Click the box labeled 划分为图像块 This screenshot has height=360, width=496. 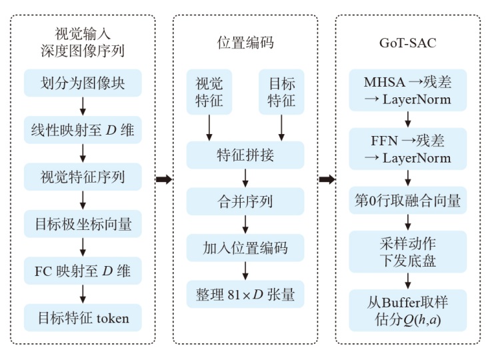coord(82,83)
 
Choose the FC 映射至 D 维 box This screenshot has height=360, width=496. coord(82,271)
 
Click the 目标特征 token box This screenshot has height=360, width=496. coord(82,317)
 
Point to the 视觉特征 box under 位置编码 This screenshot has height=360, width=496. coord(209,92)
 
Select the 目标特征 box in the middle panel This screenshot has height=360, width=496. coord(281,92)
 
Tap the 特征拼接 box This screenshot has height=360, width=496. coord(245,155)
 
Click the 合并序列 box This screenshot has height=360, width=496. coord(245,201)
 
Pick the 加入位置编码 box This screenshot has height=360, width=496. coord(245,247)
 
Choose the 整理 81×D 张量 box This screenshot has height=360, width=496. coord(245,293)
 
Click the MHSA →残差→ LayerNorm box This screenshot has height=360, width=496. coord(407,91)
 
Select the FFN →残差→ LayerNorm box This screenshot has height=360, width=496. coord(407,150)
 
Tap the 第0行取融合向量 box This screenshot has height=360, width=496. coord(407,199)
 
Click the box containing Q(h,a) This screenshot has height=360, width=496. coord(407,310)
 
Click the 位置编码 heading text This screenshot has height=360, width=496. coord(245,43)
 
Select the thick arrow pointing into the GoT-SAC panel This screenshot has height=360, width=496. coord(327,179)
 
